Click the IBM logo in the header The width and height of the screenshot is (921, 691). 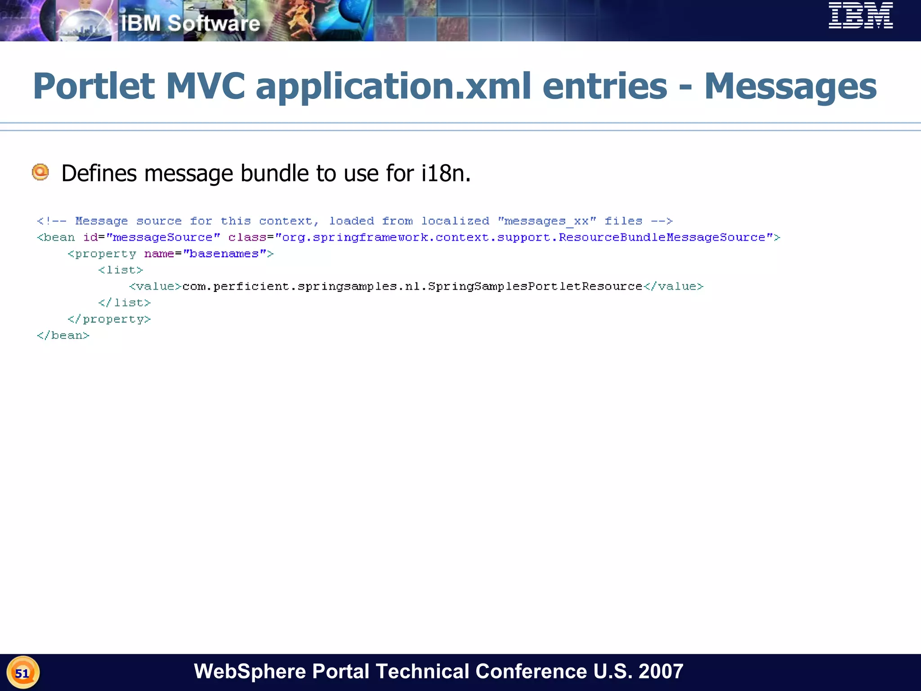(x=860, y=16)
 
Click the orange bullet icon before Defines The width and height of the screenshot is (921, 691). (x=40, y=172)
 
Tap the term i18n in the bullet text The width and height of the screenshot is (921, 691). (x=446, y=173)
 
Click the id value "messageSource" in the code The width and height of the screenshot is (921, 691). (x=163, y=238)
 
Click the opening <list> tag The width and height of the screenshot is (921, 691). (x=121, y=270)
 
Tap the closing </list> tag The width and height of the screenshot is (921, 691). (x=125, y=303)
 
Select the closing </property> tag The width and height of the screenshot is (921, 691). (x=109, y=319)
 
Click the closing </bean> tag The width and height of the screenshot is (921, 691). (x=63, y=336)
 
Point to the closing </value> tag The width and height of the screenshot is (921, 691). (x=673, y=287)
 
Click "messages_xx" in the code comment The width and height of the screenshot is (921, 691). (x=547, y=221)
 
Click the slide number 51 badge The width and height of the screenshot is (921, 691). (x=22, y=673)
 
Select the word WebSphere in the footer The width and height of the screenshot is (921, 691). (x=250, y=672)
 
